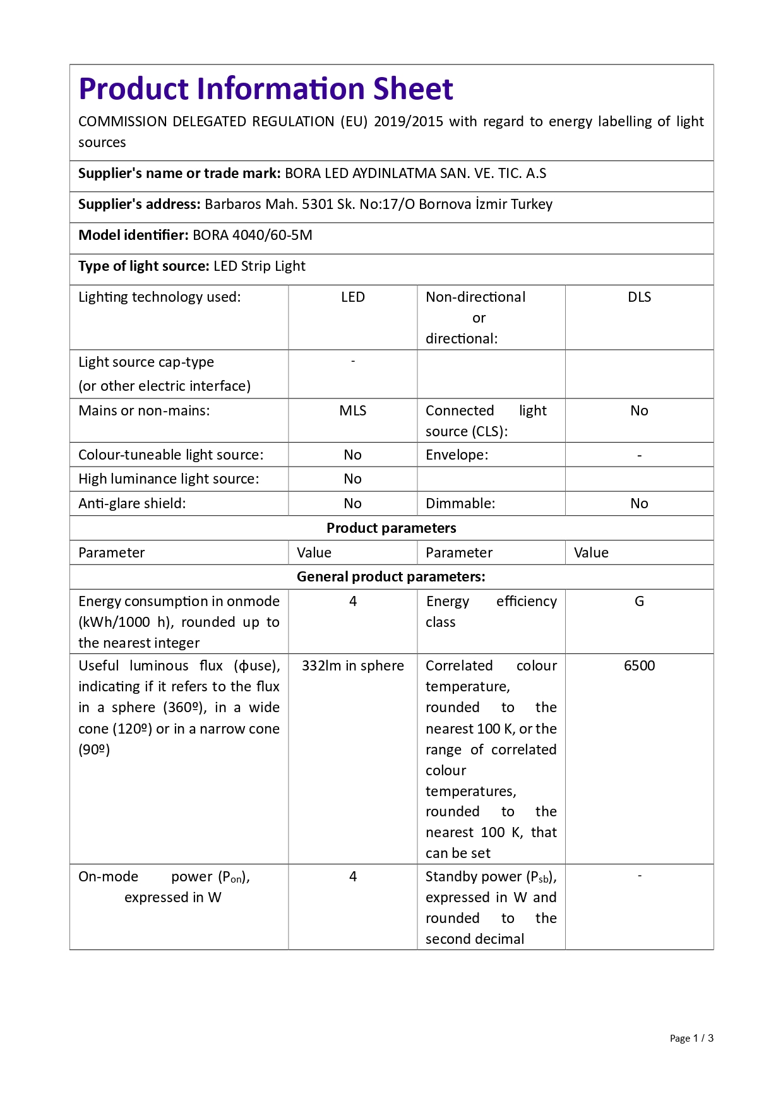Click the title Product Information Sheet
click(x=265, y=89)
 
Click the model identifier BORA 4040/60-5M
click(x=253, y=235)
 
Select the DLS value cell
click(x=639, y=297)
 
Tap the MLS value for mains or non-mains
click(x=352, y=411)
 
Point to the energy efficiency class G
click(x=639, y=602)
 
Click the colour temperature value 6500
click(x=639, y=666)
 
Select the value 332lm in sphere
click(x=352, y=666)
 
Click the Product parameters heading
click(x=391, y=528)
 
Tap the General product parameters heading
click(x=391, y=577)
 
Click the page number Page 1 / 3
click(x=691, y=1039)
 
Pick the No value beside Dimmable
click(x=639, y=504)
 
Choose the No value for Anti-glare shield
click(x=352, y=504)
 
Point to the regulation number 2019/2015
click(x=409, y=122)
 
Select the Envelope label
click(x=457, y=455)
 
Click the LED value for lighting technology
click(x=352, y=297)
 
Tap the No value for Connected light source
click(x=639, y=411)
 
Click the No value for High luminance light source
click(x=352, y=479)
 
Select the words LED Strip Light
click(x=260, y=266)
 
